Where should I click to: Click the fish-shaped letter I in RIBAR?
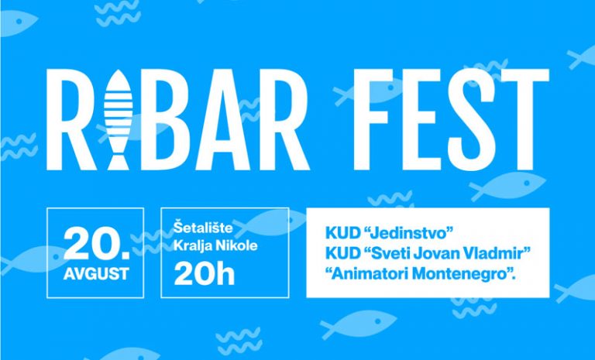pos(118,120)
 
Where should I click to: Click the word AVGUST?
pos(96,274)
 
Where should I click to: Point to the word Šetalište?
pos(203,228)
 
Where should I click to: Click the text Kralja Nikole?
pos(215,246)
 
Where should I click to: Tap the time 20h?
pos(205,274)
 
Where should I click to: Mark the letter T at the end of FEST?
pos(524,120)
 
